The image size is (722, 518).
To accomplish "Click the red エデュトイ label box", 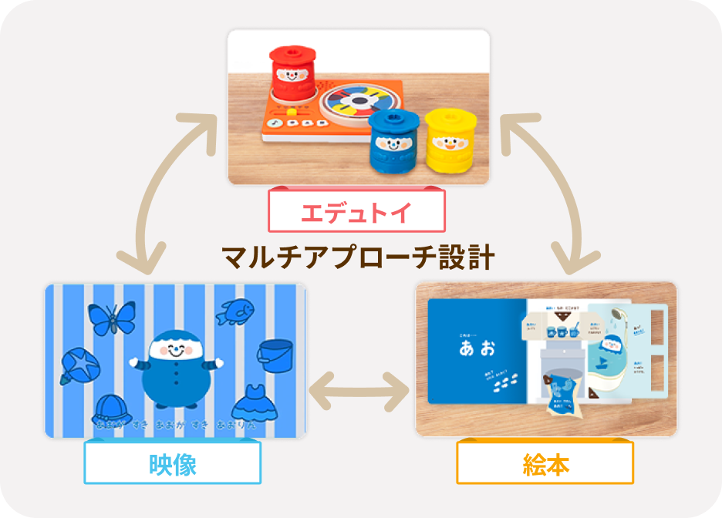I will tap(356, 211).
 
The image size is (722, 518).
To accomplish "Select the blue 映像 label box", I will tap(173, 463).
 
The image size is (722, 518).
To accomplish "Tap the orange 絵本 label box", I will tap(545, 463).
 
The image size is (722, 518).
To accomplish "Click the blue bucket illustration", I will tap(275, 355).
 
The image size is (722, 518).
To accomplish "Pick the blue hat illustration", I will tap(113, 409).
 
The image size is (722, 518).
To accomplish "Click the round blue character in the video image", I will tap(176, 369).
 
